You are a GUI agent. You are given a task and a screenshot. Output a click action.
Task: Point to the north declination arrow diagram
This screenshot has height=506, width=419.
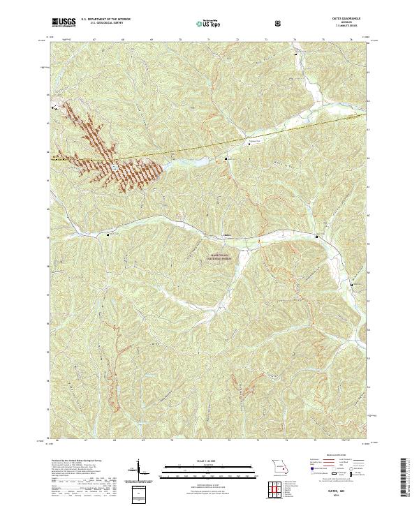(140, 469)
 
